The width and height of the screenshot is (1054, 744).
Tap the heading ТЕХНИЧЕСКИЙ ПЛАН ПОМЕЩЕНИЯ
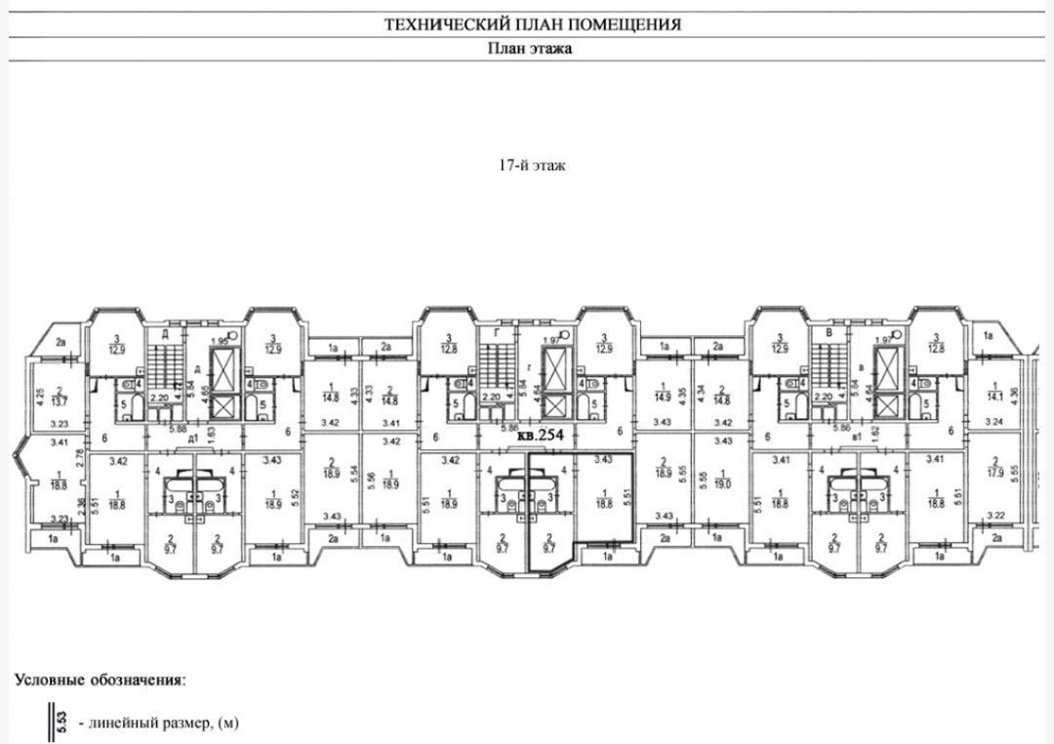click(532, 24)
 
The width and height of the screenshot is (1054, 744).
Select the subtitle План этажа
click(529, 49)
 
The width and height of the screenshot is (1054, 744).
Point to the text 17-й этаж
click(532, 165)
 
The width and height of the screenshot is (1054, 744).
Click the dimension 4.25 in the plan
click(40, 397)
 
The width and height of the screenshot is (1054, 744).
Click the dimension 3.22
click(996, 515)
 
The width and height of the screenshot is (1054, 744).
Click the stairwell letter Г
click(498, 333)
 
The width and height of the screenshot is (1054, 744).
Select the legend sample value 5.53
click(60, 723)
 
